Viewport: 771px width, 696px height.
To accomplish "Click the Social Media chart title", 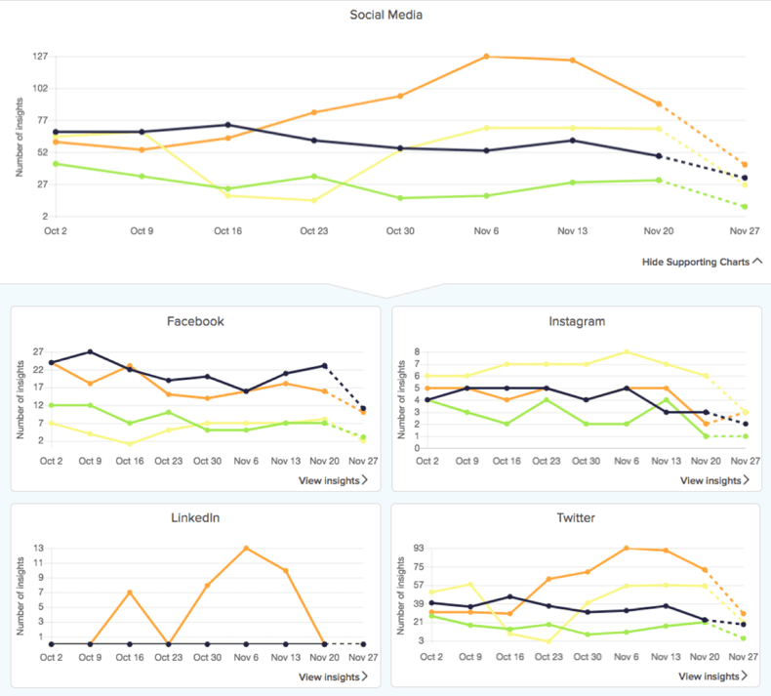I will pyautogui.click(x=385, y=15).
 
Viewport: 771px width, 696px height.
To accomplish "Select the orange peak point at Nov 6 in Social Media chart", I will pyautogui.click(x=486, y=57).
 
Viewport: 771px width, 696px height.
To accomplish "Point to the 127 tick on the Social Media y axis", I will pyautogui.click(x=40, y=57).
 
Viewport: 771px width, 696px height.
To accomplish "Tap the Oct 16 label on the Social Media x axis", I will pyautogui.click(x=227, y=230).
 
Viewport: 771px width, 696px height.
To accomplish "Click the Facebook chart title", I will pyautogui.click(x=196, y=320).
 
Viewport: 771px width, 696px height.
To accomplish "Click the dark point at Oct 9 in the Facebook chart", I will pyautogui.click(x=90, y=351).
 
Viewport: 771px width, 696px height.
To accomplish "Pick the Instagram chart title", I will pyautogui.click(x=577, y=320).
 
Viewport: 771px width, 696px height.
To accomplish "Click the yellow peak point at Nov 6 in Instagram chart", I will pyautogui.click(x=627, y=351).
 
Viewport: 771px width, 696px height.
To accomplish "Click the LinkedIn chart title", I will pyautogui.click(x=196, y=517).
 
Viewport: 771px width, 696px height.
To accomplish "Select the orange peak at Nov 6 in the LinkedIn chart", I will pyautogui.click(x=246, y=548).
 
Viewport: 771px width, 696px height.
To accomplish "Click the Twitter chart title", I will pyautogui.click(x=577, y=517).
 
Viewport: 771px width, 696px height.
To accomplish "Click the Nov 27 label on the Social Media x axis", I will pyautogui.click(x=745, y=230).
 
